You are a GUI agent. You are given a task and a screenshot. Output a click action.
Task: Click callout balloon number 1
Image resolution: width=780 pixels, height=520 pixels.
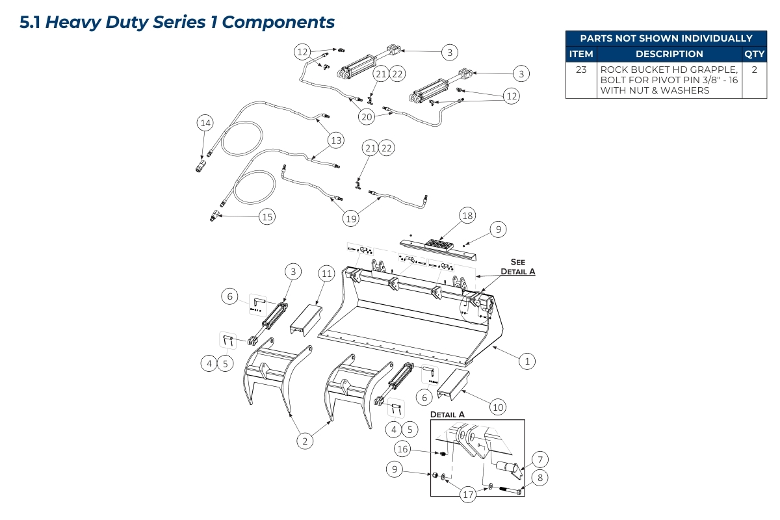[527, 360]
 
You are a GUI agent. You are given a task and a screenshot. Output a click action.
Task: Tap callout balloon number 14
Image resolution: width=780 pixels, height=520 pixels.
[205, 123]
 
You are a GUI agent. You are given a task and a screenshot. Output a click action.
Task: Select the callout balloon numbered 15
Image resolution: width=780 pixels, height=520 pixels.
[267, 217]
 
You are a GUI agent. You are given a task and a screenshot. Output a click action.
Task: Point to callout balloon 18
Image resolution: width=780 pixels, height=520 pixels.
[467, 215]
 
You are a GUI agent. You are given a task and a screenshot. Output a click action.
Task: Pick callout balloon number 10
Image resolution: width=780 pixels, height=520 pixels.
[497, 408]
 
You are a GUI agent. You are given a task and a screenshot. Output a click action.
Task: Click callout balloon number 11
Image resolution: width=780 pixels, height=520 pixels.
[326, 274]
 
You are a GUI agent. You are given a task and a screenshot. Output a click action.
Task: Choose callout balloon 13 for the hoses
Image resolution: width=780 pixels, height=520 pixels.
[335, 140]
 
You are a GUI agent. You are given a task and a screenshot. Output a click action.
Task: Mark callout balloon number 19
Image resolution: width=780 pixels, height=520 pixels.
[351, 218]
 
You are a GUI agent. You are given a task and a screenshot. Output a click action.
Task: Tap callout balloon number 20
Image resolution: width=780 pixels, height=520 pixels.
[367, 116]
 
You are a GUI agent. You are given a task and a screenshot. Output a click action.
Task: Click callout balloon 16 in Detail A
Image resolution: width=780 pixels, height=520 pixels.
[403, 448]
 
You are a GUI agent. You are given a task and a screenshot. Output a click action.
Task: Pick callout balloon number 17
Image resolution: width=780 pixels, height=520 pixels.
[468, 495]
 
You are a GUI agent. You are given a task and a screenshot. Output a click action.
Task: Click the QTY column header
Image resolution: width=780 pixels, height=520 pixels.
[754, 54]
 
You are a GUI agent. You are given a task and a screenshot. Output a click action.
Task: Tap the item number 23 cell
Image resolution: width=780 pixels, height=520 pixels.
[580, 70]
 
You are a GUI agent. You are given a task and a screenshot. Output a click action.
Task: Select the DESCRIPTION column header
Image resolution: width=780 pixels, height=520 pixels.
[669, 54]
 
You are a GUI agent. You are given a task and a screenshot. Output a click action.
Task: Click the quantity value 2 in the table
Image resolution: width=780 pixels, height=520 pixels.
[754, 70]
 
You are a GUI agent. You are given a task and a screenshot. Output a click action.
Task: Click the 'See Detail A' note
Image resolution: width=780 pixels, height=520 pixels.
[517, 266]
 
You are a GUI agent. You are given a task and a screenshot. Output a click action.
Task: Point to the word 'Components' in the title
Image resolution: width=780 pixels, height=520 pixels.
[278, 22]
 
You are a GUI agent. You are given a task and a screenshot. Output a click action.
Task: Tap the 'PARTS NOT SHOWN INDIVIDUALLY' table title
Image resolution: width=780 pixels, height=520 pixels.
[666, 38]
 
